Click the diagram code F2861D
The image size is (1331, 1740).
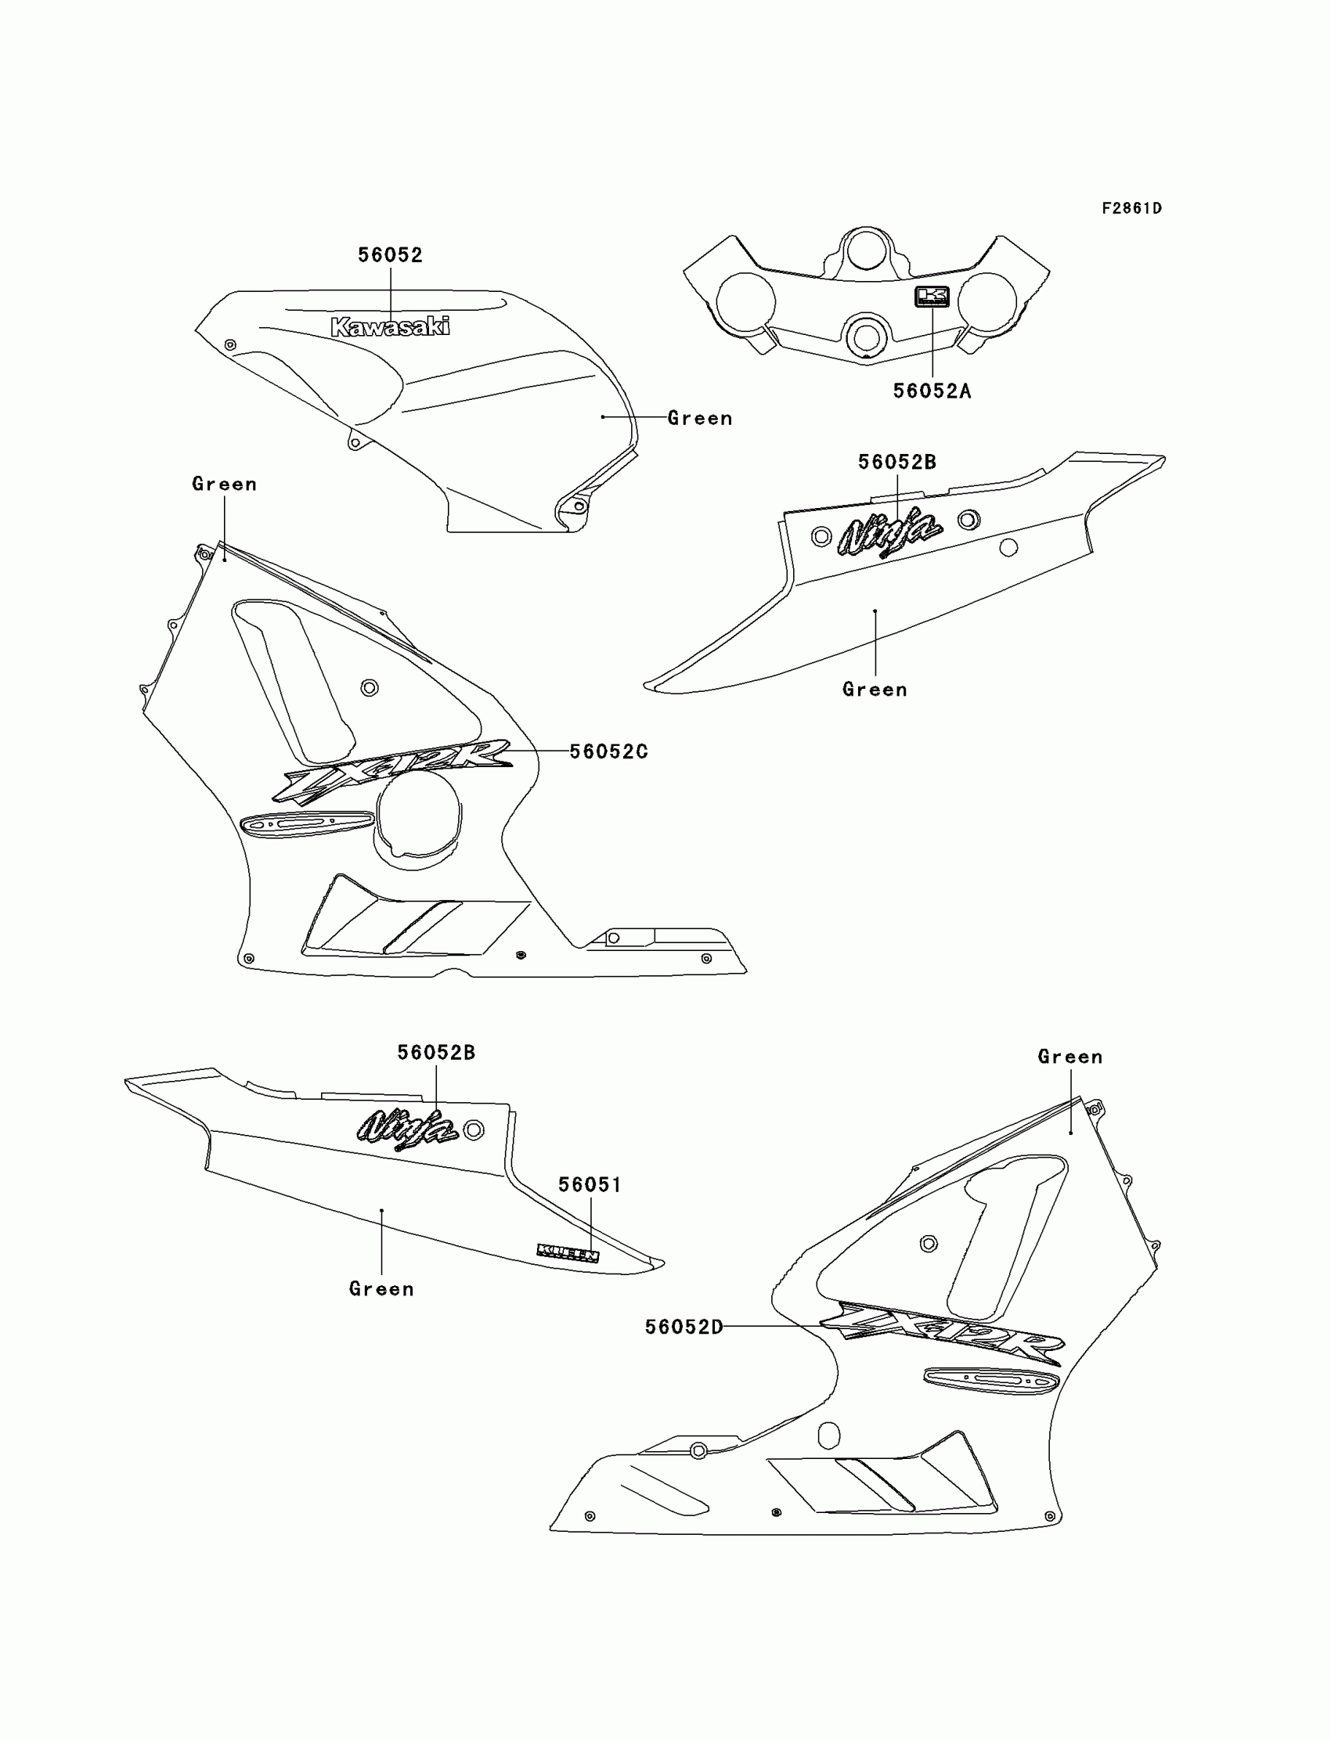(1131, 208)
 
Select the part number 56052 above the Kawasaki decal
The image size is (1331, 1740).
(390, 255)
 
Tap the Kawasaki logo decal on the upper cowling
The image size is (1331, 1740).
(390, 326)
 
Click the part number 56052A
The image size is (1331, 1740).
(932, 391)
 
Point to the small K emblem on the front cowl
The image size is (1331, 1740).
(932, 296)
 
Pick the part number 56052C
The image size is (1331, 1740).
(608, 751)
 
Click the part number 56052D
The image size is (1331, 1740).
(684, 1327)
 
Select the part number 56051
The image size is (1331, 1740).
(590, 1185)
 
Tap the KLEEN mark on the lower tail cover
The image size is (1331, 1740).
(568, 1252)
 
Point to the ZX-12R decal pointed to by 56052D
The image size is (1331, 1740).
(940, 1333)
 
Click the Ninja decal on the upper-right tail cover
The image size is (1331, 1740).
(889, 533)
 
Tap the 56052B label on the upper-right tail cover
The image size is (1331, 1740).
(896, 462)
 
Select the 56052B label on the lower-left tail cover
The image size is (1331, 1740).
(436, 1053)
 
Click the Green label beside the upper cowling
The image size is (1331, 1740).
(700, 418)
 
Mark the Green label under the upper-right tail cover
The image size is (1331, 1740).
(875, 690)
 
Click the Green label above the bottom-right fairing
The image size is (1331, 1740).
(1070, 1057)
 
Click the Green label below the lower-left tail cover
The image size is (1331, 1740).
(381, 1289)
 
